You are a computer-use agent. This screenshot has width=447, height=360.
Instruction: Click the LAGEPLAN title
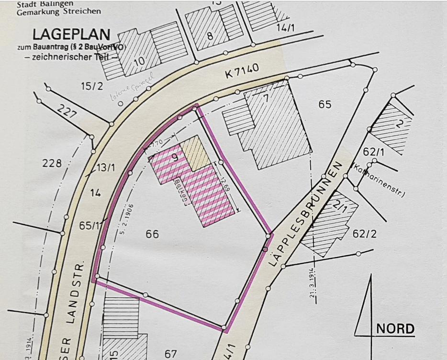[71, 34]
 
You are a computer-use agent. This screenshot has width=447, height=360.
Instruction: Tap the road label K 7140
[242, 71]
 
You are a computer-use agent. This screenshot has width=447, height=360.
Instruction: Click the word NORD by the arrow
[395, 329]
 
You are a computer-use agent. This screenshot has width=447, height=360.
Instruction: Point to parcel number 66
[152, 234]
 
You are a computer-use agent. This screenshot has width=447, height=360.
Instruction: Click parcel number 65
[325, 104]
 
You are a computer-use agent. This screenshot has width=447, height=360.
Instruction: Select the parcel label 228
[52, 163]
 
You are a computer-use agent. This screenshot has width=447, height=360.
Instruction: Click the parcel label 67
[171, 354]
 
